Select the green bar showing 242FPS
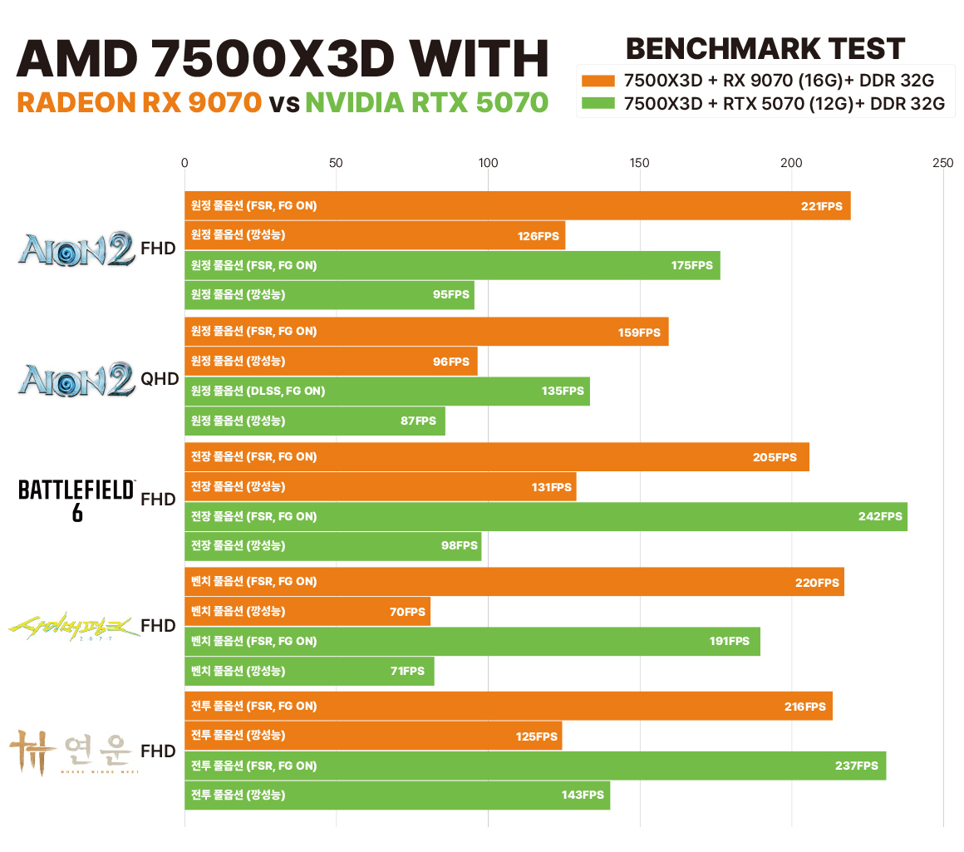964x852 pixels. [545, 516]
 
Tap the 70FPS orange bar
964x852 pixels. [307, 612]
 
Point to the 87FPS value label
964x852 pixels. [418, 421]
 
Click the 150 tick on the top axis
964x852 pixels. [639, 164]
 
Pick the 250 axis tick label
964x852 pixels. [942, 164]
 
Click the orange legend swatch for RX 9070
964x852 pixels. [598, 81]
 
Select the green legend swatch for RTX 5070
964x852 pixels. [598, 104]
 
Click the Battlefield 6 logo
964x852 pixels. [76, 500]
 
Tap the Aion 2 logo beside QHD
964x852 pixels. [76, 379]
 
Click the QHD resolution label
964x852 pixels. [160, 379]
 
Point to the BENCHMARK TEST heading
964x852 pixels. [765, 49]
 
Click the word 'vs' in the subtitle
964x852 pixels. [283, 103]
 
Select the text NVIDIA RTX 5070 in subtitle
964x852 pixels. [426, 103]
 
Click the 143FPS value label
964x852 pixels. [583, 795]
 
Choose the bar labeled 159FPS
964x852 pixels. [425, 332]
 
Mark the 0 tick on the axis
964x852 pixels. [184, 164]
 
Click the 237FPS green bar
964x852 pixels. [534, 766]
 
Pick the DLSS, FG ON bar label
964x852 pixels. [258, 392]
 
